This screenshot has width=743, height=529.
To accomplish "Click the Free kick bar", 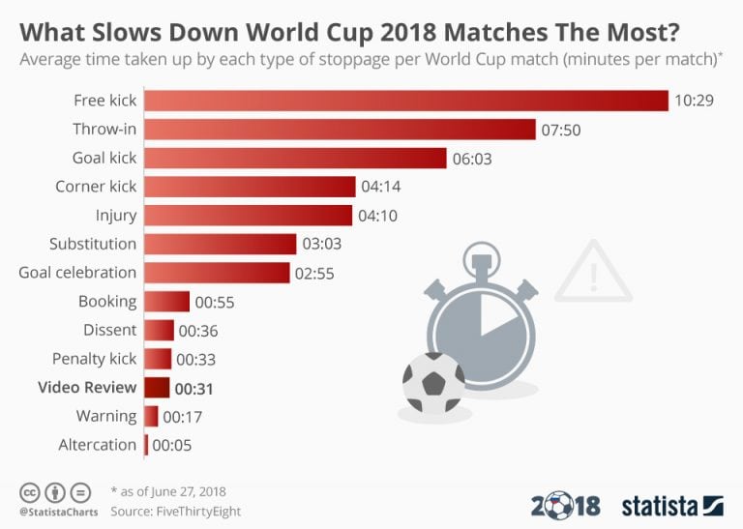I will pyautogui.click(x=406, y=100).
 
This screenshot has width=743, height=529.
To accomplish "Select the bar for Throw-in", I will pyautogui.click(x=340, y=129).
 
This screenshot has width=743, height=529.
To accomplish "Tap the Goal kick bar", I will pyautogui.click(x=295, y=158).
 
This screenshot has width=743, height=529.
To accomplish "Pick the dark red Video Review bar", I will pyautogui.click(x=157, y=388).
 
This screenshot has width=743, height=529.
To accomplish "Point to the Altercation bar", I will pyautogui.click(x=146, y=445).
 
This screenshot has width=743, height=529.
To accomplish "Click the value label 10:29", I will pyautogui.click(x=694, y=101).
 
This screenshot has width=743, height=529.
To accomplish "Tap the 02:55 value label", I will pyautogui.click(x=314, y=274).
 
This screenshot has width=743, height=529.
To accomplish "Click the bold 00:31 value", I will pyautogui.click(x=193, y=389).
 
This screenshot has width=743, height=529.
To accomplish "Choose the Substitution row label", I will pyautogui.click(x=93, y=244).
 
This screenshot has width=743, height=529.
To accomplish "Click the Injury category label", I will pyautogui.click(x=116, y=215).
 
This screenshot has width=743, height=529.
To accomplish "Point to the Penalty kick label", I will pyautogui.click(x=95, y=359).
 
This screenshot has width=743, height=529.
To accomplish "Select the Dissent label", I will pyautogui.click(x=109, y=330).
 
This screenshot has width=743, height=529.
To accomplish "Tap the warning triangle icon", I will pyautogui.click(x=592, y=272).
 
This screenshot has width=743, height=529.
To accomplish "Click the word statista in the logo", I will pyautogui.click(x=660, y=505).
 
